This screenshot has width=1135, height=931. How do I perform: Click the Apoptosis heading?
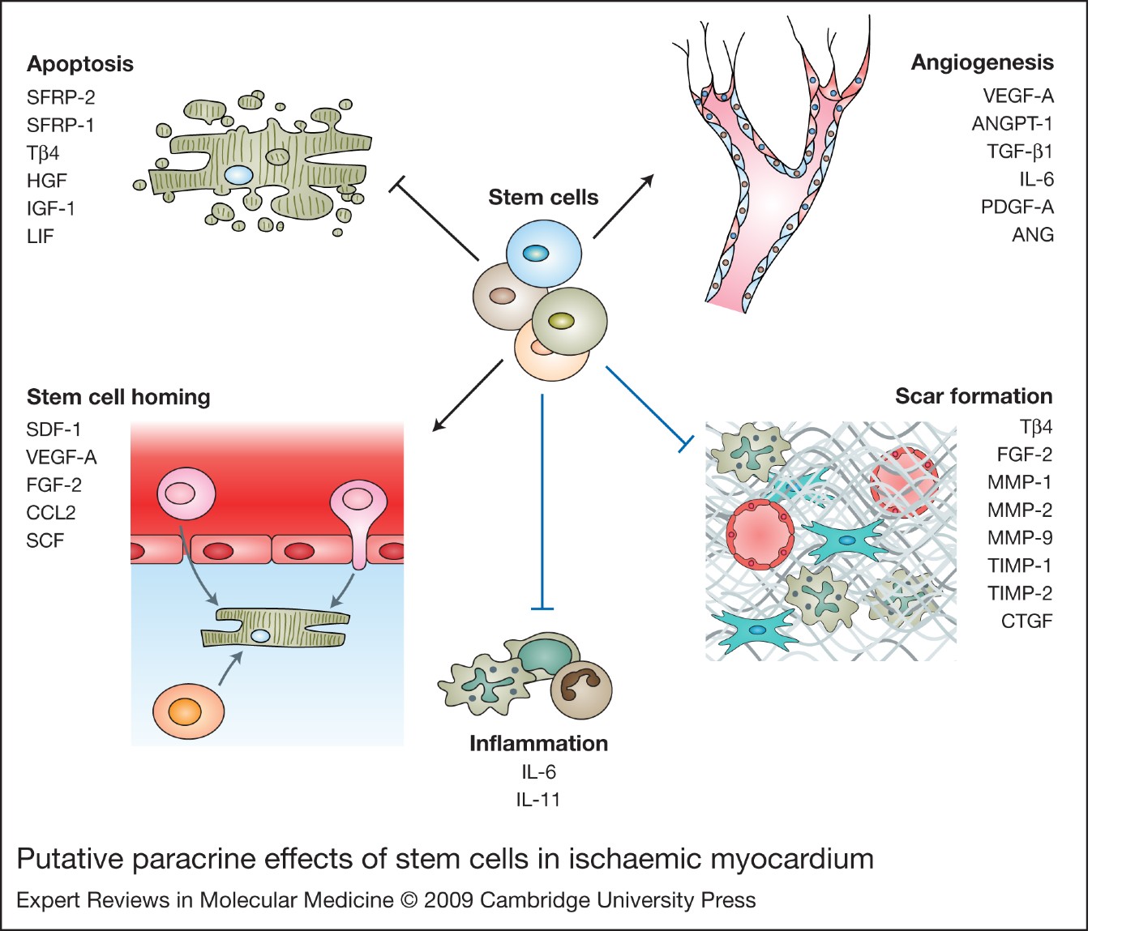point(79,64)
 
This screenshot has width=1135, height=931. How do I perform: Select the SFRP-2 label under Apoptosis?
point(61,97)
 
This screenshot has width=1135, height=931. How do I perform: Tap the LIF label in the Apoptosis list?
point(40,237)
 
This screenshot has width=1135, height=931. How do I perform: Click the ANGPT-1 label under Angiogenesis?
point(1012,124)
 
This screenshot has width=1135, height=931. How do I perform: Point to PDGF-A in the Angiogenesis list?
point(1017,207)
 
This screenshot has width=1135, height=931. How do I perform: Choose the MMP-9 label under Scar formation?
point(1019,538)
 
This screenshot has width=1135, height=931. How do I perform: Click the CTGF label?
point(1026,621)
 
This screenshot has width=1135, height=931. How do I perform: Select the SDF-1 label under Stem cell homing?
point(54,429)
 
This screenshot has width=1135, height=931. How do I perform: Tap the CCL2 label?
point(50,513)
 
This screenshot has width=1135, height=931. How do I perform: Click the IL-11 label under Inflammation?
point(538,800)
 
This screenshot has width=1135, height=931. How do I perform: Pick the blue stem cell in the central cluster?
point(544,254)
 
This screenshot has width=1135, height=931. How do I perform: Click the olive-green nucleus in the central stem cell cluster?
point(561,321)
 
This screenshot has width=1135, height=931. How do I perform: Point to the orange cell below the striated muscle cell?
point(188,711)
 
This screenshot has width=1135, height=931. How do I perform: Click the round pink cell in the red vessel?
point(186,494)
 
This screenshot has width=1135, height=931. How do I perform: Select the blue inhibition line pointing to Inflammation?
point(542,502)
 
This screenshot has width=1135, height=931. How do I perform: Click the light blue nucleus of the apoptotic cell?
point(238,174)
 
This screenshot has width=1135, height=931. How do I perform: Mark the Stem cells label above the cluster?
point(543,198)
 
